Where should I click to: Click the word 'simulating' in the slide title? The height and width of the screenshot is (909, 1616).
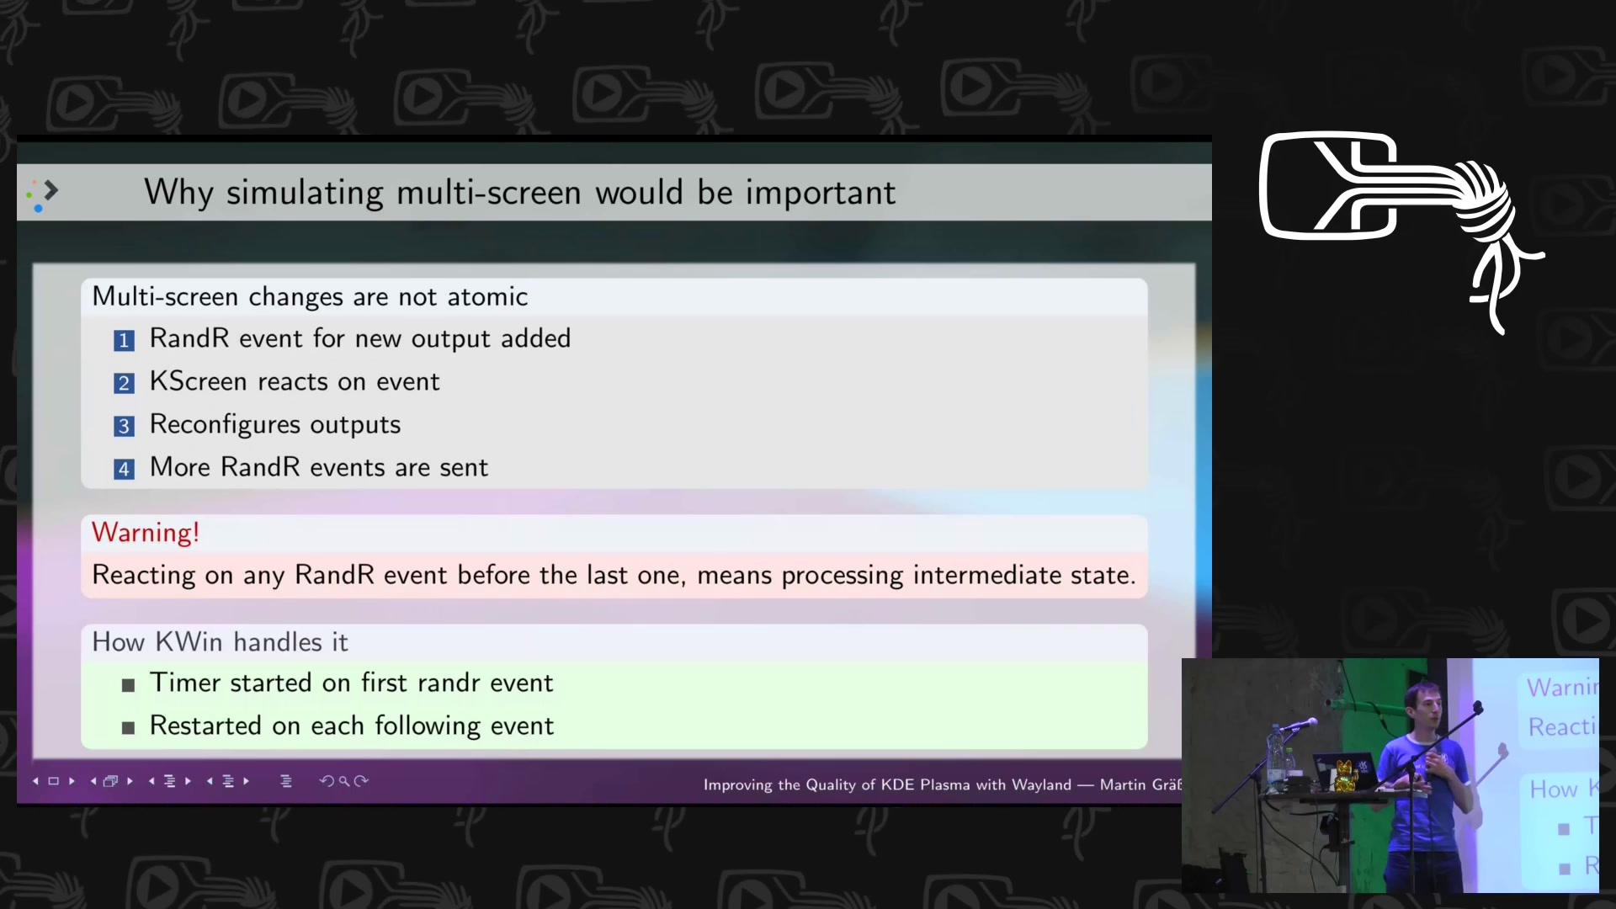306,193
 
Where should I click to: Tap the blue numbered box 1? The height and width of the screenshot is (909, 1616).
124,340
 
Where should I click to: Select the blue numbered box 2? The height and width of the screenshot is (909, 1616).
124,383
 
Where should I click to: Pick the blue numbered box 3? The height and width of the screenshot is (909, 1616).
124,426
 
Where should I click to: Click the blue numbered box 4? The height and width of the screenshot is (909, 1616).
124,469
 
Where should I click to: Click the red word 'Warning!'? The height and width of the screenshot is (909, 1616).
146,533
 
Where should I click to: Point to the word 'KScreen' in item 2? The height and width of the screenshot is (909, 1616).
199,381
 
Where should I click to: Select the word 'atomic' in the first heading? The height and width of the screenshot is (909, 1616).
487,296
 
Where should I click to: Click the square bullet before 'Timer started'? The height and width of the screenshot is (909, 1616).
128,685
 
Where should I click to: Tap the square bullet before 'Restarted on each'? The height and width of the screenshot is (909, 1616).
128,728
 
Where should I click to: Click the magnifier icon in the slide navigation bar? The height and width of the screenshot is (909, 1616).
344,781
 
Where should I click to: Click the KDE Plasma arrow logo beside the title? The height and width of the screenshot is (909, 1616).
42,194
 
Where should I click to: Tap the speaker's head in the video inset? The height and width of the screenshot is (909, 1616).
1423,703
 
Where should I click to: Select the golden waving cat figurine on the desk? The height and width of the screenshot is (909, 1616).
1345,776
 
